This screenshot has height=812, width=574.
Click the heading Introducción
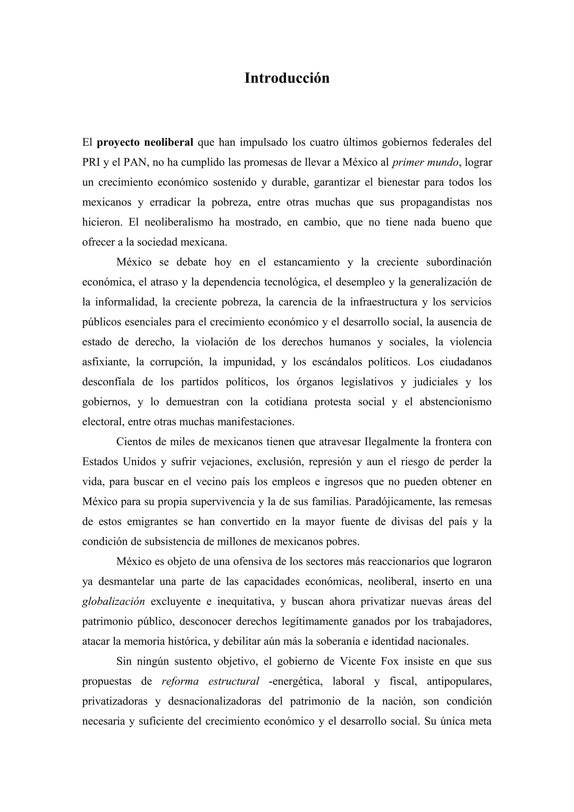point(287,78)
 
